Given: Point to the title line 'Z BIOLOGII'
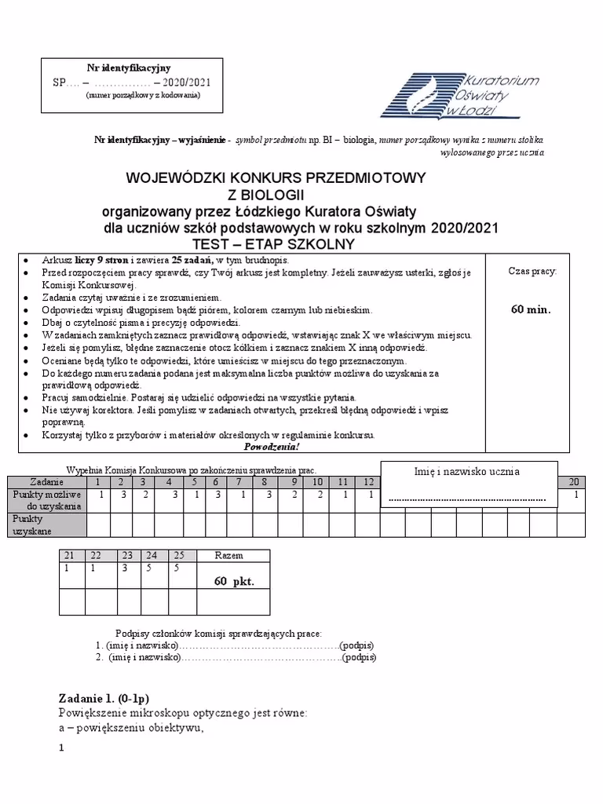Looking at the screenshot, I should click(264, 195).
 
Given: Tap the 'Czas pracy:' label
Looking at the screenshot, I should click(532, 271).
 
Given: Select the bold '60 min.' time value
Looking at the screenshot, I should click(531, 309).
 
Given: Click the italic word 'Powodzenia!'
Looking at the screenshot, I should click(271, 447).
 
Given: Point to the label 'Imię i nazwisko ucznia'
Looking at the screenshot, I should click(467, 471).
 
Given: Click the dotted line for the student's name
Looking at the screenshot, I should click(467, 499).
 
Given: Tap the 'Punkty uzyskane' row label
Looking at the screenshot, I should click(31, 525).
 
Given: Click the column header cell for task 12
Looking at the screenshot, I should click(367, 481).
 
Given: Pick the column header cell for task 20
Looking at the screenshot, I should click(575, 481).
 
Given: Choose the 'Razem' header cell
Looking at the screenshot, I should click(232, 555).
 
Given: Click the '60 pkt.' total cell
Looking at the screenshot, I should click(232, 582).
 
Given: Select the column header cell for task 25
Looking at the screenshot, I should click(179, 555).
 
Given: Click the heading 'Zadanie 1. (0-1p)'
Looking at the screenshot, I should click(104, 699).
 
